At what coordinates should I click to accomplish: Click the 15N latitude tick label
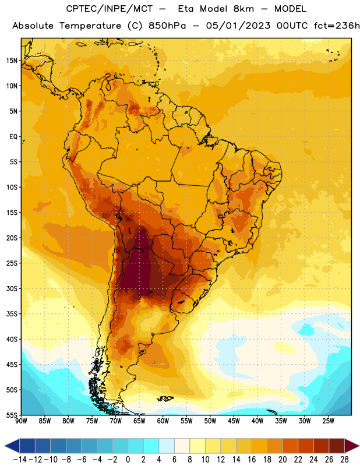pos(12,61)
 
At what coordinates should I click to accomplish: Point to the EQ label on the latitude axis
pos(13,137)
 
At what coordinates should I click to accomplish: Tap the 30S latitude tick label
pos(12,288)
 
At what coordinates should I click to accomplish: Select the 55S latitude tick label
pos(12,415)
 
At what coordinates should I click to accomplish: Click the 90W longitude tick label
pos(21,421)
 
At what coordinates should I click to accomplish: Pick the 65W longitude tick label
pos(139,421)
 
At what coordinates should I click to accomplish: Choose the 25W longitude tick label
pos(328,421)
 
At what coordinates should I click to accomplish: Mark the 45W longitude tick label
pos(234,421)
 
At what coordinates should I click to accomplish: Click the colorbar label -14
pos(20,460)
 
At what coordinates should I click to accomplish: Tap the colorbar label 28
pos(344,460)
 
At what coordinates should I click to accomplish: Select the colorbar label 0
pos(128,460)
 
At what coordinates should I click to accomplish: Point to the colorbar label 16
pos(252,460)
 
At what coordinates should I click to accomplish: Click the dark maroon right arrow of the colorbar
pos(351,446)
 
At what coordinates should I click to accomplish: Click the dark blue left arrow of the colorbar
pos(12,446)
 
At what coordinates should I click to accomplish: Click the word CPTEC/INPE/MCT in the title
pos(109,9)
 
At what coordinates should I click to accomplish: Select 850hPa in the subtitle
pos(167,26)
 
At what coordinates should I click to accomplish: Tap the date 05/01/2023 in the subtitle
pos(238,26)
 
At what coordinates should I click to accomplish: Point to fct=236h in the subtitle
pos(337,26)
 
